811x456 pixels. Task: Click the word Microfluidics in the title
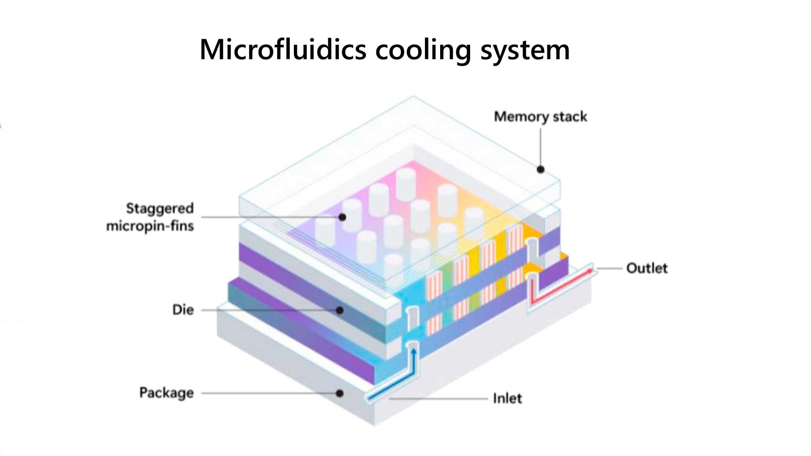283,50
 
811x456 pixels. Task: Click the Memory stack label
540,117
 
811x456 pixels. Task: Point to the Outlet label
647,268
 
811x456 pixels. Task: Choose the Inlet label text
507,398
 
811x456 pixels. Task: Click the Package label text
166,393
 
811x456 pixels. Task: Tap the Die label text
183,310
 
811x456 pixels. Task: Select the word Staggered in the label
160,208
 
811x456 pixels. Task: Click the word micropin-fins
150,226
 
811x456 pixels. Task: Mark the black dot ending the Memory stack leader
541,169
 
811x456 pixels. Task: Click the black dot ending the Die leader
340,310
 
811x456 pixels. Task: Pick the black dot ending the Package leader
340,394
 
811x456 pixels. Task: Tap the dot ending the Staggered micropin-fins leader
343,217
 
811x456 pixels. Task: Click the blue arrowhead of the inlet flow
414,351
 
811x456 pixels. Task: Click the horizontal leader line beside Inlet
439,398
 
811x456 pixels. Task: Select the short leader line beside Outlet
609,269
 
